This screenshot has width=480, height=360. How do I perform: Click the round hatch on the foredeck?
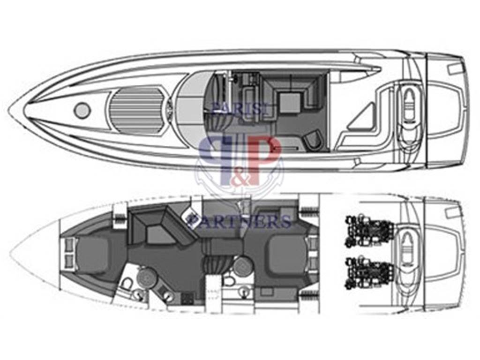(x=82, y=109)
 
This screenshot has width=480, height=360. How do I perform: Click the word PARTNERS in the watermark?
(x=239, y=221)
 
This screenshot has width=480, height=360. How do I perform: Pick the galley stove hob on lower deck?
(x=187, y=298)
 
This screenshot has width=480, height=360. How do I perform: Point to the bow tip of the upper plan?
(x=9, y=110)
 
